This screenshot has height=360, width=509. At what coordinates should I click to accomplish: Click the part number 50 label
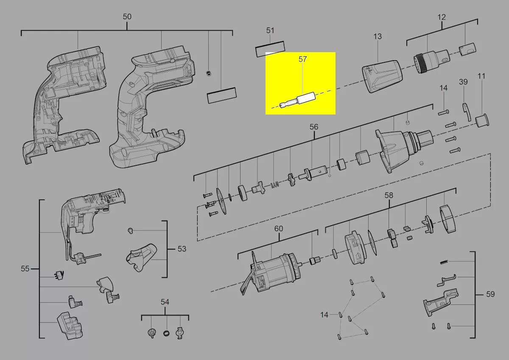tap(127, 17)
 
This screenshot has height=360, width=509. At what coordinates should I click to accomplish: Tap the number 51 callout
tap(270, 31)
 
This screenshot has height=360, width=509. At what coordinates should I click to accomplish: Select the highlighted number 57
tap(302, 59)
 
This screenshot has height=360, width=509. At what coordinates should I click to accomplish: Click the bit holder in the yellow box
tap(297, 100)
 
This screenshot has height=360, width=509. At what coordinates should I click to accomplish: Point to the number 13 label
tap(378, 36)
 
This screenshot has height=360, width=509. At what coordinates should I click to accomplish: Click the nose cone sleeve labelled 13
tap(382, 76)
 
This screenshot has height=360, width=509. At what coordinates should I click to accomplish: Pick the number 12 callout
tap(442, 17)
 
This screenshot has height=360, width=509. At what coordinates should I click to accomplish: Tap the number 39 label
tap(463, 82)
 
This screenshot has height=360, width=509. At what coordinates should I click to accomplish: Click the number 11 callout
tap(481, 76)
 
